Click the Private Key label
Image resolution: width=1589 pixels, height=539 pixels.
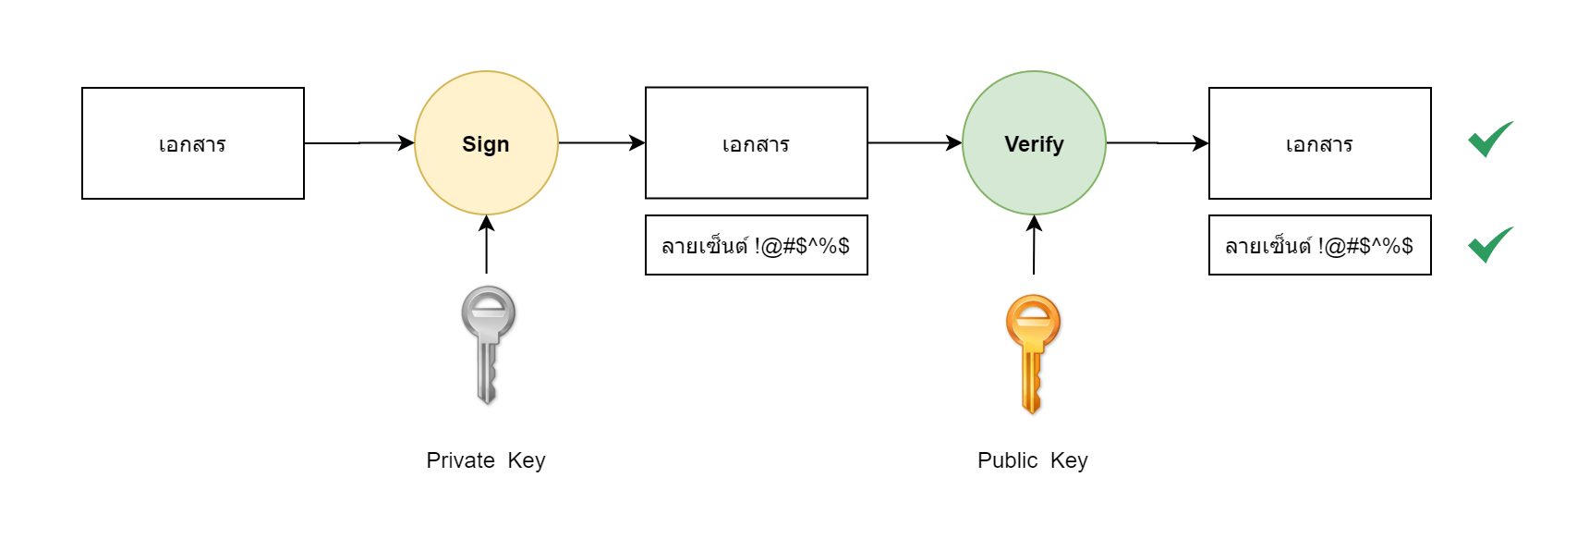486,460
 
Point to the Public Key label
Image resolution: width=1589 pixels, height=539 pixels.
1032,460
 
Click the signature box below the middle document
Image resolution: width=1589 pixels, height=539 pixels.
756,245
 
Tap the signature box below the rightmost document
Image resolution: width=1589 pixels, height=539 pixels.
1319,245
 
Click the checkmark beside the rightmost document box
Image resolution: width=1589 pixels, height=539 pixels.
1489,140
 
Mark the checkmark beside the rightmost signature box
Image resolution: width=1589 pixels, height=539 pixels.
1489,245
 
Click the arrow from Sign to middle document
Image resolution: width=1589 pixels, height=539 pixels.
601,143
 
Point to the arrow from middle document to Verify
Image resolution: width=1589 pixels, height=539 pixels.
915,143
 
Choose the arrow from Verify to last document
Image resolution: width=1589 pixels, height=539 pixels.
1157,143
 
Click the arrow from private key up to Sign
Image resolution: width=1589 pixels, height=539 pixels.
487,244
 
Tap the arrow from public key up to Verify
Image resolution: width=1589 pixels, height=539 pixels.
1034,245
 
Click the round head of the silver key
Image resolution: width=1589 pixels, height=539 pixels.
488,312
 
